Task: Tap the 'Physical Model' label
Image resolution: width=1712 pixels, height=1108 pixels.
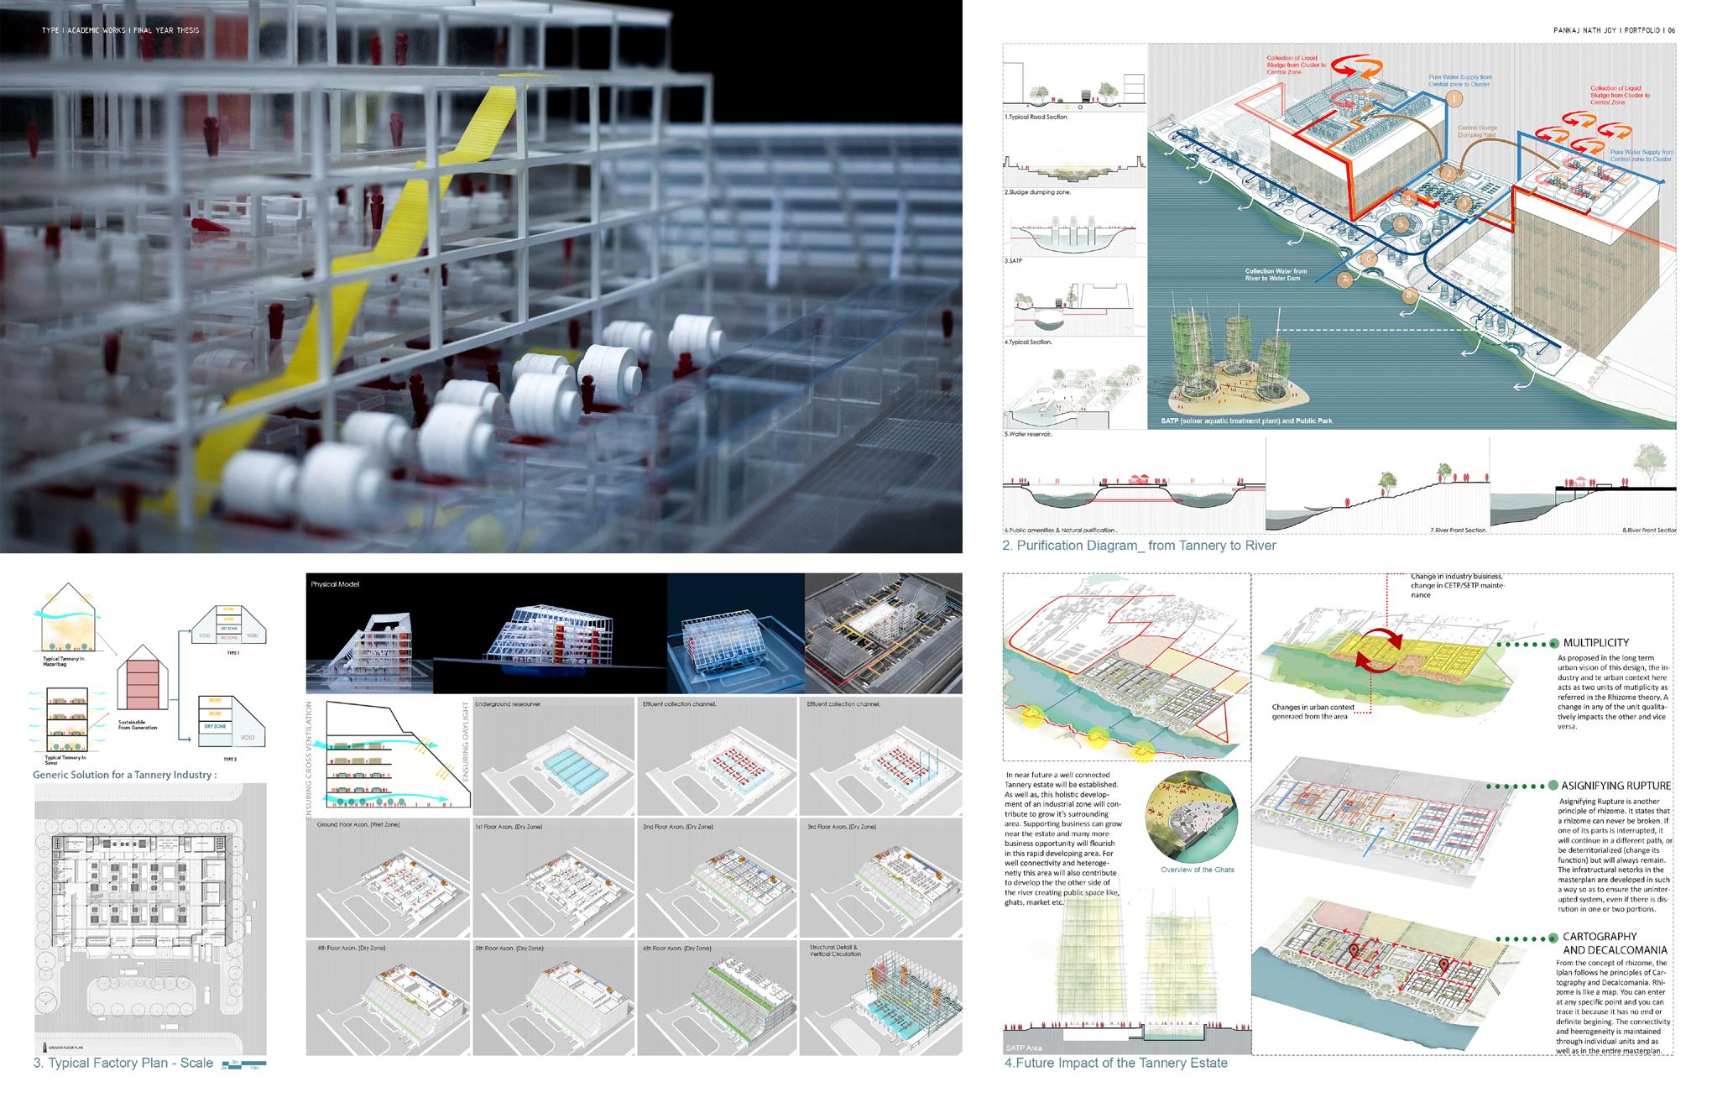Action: (335, 584)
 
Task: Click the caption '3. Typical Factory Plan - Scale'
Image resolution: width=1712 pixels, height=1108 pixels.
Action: (123, 1063)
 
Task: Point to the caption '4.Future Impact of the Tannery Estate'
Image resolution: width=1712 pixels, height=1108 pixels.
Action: (1115, 1063)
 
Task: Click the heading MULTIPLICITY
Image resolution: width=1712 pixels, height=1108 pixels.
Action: (1595, 643)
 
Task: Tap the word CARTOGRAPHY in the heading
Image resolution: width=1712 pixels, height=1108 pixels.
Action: (1600, 936)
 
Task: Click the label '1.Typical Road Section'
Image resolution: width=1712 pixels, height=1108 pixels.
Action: (1036, 117)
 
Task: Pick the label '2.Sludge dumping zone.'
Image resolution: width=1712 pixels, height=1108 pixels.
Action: (1037, 192)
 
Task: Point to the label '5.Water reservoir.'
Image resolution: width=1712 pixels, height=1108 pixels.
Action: (1028, 434)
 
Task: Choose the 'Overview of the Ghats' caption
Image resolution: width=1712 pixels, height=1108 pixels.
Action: (1197, 870)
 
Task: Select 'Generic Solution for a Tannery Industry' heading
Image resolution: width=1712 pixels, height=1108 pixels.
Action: (124, 775)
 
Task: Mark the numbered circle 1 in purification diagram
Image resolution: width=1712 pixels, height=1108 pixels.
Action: (1454, 98)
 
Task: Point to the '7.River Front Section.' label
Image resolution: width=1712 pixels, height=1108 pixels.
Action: (1459, 530)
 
